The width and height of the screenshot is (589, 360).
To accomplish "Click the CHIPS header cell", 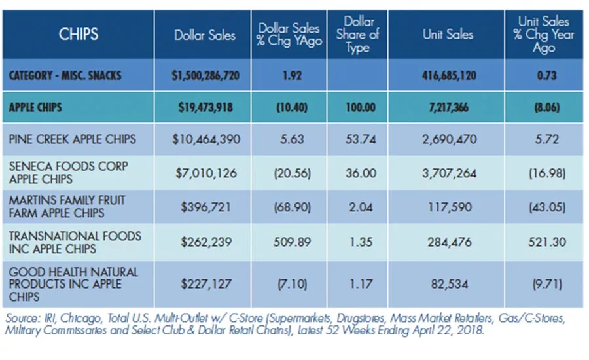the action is (x=79, y=34).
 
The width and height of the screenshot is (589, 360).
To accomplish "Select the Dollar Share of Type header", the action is (x=357, y=35).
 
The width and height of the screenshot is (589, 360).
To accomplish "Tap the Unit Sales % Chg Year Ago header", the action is (x=544, y=35).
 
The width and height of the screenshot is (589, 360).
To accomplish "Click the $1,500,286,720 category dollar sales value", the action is (x=205, y=75).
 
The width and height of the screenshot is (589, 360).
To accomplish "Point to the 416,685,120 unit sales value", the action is (x=449, y=75).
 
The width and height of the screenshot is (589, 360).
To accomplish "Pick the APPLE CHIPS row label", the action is (x=35, y=107).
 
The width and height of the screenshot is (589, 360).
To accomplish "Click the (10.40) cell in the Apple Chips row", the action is (x=292, y=108).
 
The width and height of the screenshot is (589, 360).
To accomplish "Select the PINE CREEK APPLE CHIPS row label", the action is (x=72, y=139).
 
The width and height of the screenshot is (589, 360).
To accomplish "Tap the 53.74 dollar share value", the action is (x=361, y=139).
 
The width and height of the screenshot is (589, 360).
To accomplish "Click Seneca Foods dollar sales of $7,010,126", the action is (x=206, y=173).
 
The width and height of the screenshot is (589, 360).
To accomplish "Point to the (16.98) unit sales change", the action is (x=547, y=173).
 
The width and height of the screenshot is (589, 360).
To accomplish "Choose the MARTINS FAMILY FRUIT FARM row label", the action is (x=67, y=207).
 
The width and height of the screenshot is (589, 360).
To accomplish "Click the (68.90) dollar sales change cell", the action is (x=293, y=207).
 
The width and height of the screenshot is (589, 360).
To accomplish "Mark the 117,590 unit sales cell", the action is (x=450, y=207).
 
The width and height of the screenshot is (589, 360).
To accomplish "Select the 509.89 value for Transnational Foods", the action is (x=292, y=242).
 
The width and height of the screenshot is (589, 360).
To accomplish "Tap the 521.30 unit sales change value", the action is (x=547, y=242).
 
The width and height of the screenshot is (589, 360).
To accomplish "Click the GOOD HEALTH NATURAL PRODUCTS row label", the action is (x=73, y=285).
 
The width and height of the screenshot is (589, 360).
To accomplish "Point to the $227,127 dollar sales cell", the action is (x=206, y=284).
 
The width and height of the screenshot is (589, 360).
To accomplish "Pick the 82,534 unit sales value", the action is (x=450, y=284).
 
